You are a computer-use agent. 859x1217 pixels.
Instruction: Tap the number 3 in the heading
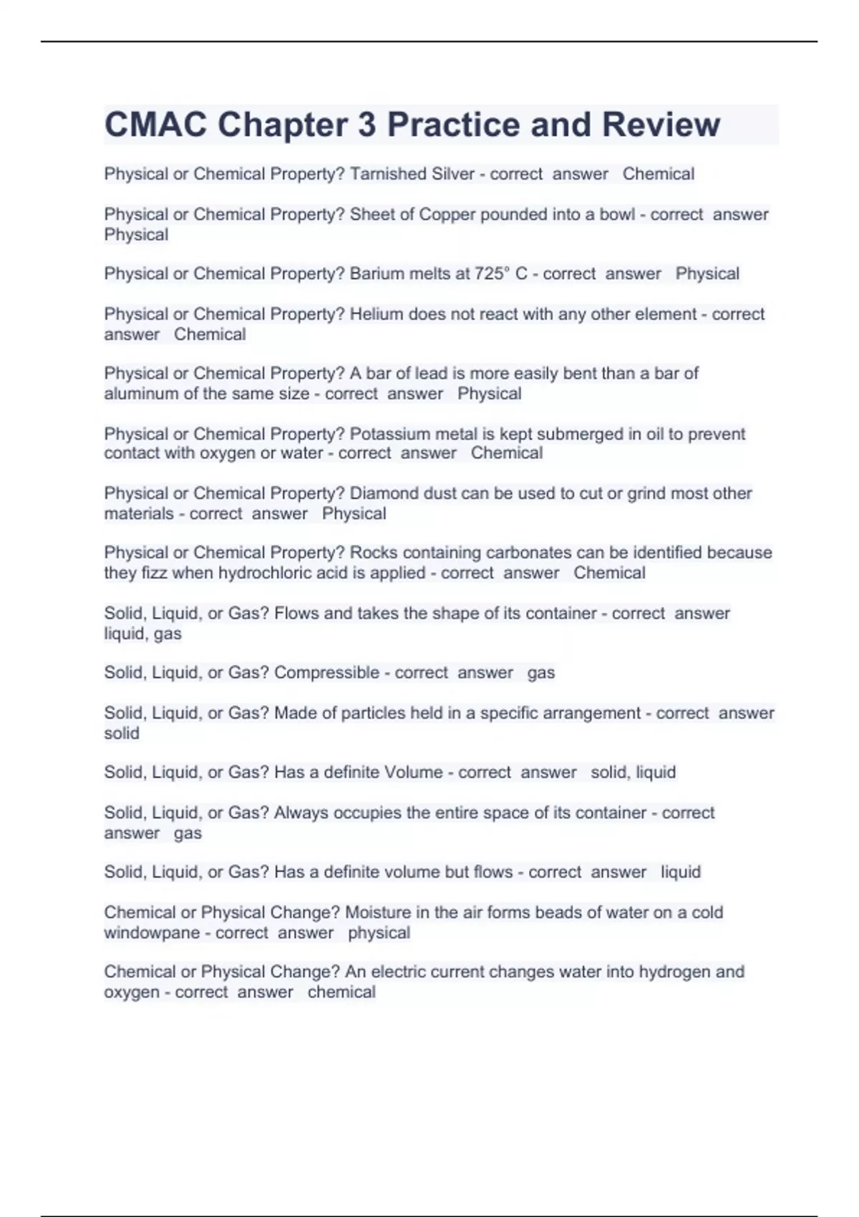click(367, 125)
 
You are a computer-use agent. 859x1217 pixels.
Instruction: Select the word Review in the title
click(661, 125)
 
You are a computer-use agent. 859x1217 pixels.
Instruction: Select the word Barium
click(374, 273)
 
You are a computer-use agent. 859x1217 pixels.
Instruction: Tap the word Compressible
click(326, 672)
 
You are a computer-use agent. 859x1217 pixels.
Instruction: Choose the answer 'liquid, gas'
click(142, 634)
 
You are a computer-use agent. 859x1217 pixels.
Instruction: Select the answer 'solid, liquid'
click(633, 772)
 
